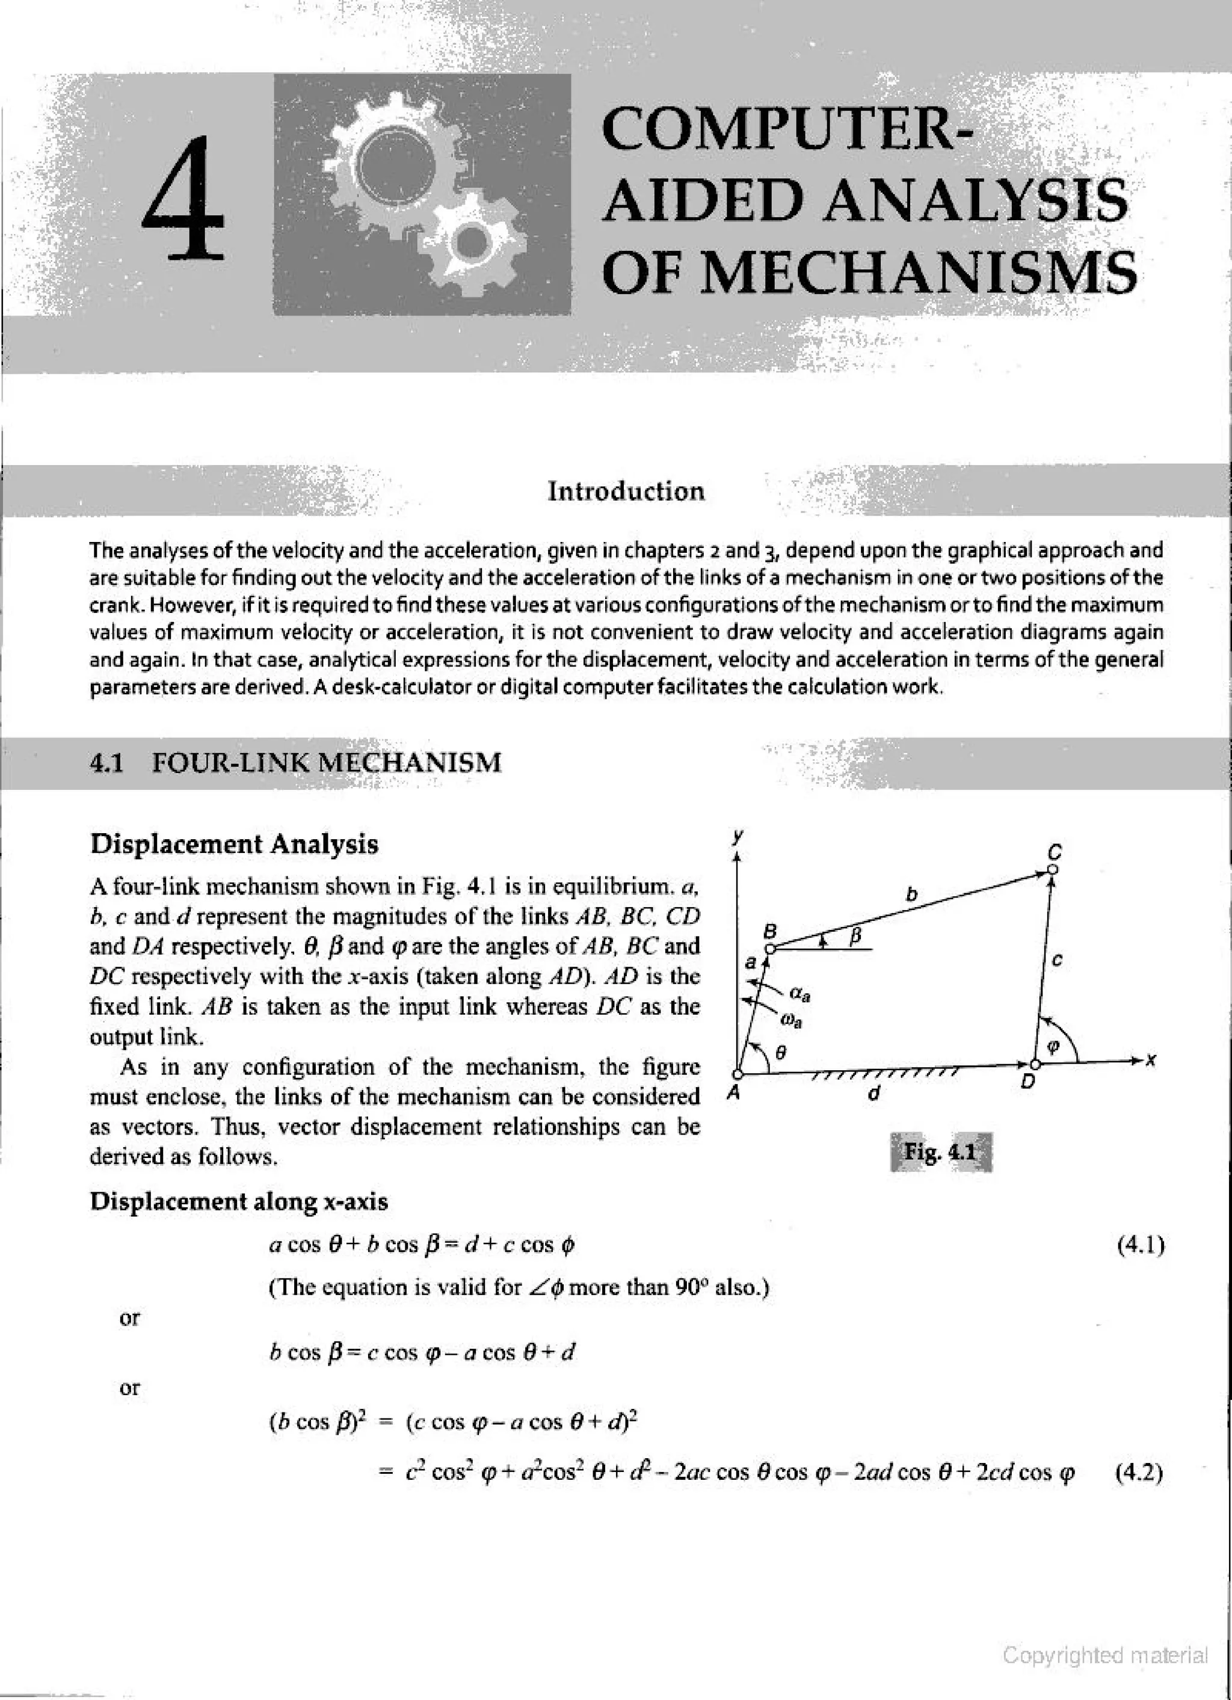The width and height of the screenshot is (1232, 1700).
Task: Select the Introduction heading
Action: tap(626, 491)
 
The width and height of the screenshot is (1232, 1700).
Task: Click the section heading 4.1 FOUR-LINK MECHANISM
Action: tap(295, 763)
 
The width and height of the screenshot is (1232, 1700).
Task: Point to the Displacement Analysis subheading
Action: tap(234, 844)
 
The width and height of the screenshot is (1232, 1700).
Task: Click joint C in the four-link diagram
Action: tap(1053, 869)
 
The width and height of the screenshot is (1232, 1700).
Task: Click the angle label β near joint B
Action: tap(855, 935)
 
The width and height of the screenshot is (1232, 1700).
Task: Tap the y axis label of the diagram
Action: tap(738, 834)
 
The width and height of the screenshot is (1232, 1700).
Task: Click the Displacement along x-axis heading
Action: tap(238, 1201)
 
